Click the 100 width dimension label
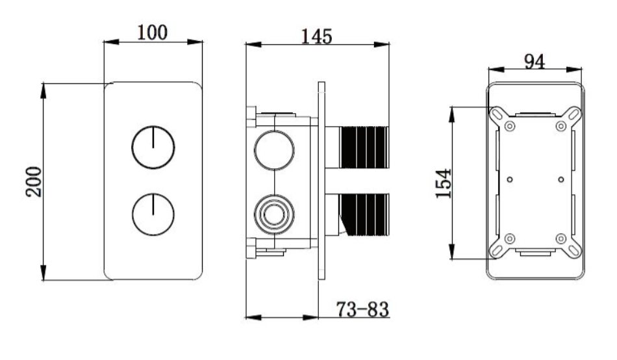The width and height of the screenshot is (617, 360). pyautogui.click(x=152, y=32)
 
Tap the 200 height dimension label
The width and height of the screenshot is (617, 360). pyautogui.click(x=34, y=181)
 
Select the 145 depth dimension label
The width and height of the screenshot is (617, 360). pyautogui.click(x=317, y=36)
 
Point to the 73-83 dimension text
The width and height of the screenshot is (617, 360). pyautogui.click(x=362, y=309)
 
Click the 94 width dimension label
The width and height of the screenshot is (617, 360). pyautogui.click(x=535, y=62)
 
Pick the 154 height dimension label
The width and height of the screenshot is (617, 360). pyautogui.click(x=444, y=183)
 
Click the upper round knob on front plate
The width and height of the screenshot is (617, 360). pyautogui.click(x=153, y=148)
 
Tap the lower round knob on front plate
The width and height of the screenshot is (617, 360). pyautogui.click(x=153, y=214)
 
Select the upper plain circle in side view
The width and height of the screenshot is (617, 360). pyautogui.click(x=274, y=150)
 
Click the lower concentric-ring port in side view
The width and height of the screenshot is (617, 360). pyautogui.click(x=274, y=214)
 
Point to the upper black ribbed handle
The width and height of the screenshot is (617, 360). pyautogui.click(x=364, y=148)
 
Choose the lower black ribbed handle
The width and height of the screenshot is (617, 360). pyautogui.click(x=364, y=215)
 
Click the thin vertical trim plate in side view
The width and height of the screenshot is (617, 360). pyautogui.click(x=321, y=181)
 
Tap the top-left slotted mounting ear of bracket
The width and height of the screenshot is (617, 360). pyautogui.click(x=497, y=114)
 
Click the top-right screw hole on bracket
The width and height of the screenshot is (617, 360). pyautogui.click(x=560, y=127)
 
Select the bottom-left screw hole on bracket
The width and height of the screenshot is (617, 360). pyautogui.click(x=510, y=238)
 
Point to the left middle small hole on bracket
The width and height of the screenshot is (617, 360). pyautogui.click(x=510, y=179)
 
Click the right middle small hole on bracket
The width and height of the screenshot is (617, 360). pyautogui.click(x=560, y=179)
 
